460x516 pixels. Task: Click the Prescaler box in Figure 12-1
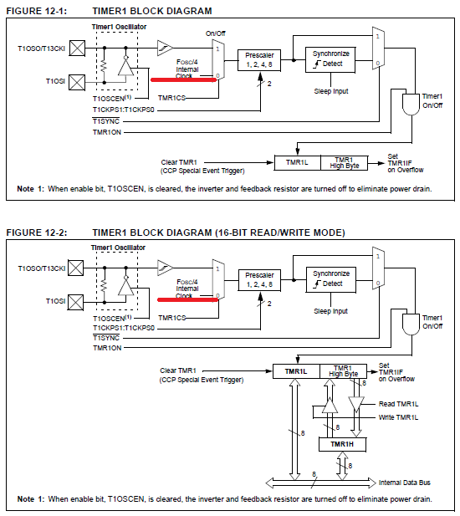click(259, 60)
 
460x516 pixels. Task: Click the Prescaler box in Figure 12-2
click(259, 280)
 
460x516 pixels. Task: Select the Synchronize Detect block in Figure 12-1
click(330, 59)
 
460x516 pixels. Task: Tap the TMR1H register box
click(342, 444)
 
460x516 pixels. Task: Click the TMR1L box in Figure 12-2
click(296, 371)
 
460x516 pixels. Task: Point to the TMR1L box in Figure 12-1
click(298, 162)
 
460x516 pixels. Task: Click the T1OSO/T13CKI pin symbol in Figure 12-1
click(77, 49)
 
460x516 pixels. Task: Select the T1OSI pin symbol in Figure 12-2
click(75, 302)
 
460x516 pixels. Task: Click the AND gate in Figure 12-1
click(411, 105)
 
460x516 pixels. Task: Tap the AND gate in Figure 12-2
click(411, 324)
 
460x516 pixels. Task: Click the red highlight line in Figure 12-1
click(184, 79)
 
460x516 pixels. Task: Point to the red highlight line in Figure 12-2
click(187, 299)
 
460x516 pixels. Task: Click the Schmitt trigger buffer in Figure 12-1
click(165, 48)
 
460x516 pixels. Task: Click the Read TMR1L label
click(398, 404)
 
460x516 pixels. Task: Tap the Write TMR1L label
click(398, 417)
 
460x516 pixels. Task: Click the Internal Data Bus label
click(405, 483)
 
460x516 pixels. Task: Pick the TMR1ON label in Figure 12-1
click(107, 132)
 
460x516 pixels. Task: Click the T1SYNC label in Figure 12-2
click(106, 338)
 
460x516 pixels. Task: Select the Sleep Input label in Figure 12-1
click(331, 91)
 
